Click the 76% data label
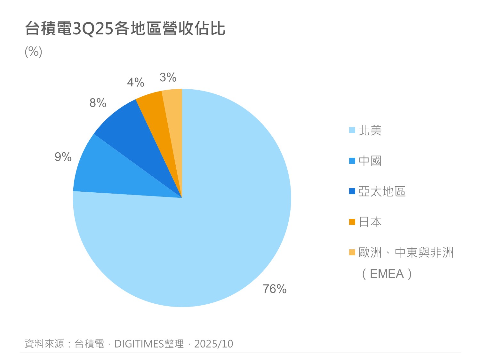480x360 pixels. click(x=275, y=289)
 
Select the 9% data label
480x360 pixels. click(x=63, y=157)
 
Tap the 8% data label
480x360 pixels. click(x=98, y=103)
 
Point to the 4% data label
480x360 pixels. click(x=136, y=83)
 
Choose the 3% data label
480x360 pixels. click(x=168, y=77)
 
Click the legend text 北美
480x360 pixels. click(x=370, y=130)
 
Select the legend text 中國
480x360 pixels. click(x=370, y=161)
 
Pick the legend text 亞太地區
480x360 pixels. click(x=382, y=191)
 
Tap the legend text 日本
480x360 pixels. click(x=370, y=222)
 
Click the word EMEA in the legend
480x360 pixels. click(x=387, y=274)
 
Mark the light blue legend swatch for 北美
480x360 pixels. click(x=352, y=130)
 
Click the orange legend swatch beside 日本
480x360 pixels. click(x=352, y=222)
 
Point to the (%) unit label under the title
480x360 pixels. click(x=34, y=52)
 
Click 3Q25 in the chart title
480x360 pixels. click(x=93, y=29)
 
